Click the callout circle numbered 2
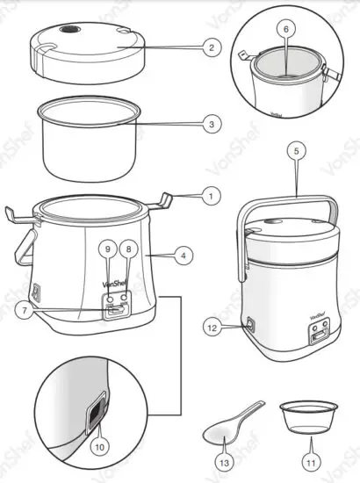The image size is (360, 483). click(208, 47)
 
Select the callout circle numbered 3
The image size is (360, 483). click(208, 125)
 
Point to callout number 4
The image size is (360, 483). click(183, 257)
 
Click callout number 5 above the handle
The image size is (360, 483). click(296, 151)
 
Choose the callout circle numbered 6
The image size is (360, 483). click(284, 29)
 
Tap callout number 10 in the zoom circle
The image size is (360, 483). click(100, 446)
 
